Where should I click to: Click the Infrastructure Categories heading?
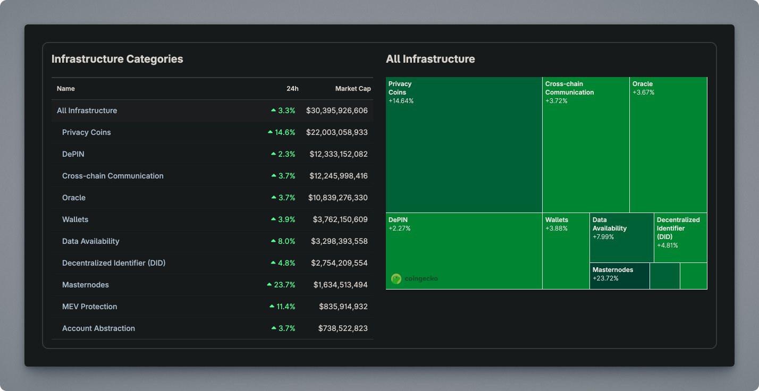point(117,59)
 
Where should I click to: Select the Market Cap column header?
point(353,89)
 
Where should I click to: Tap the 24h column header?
point(293,89)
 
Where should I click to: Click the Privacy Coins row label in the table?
point(87,132)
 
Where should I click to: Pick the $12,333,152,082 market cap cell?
point(339,154)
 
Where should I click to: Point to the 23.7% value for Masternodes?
point(284,285)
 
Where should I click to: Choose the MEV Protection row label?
point(89,307)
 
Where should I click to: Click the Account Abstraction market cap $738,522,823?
point(343,328)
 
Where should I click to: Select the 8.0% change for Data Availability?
point(286,241)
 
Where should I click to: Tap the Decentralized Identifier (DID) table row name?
point(114,263)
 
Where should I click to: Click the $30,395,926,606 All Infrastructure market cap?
point(337,110)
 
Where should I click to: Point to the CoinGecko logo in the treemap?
point(415,278)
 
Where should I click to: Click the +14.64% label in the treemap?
point(401,101)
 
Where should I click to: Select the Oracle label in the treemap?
point(643,84)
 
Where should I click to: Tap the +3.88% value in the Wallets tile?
point(556,228)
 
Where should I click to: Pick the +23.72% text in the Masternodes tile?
point(605,278)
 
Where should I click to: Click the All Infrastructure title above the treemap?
point(431,59)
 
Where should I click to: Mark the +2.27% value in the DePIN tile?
point(399,228)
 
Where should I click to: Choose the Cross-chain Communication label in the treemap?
point(570,88)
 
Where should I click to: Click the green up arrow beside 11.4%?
point(272,307)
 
